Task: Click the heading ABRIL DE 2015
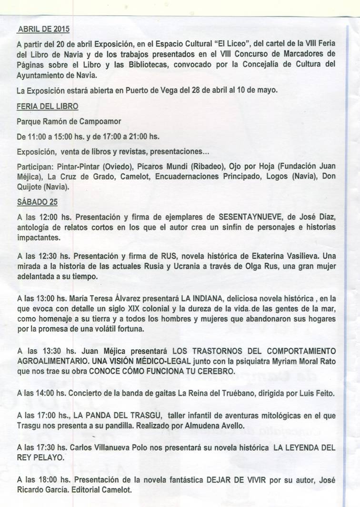coord(43,29)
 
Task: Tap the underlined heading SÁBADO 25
coord(37,202)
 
